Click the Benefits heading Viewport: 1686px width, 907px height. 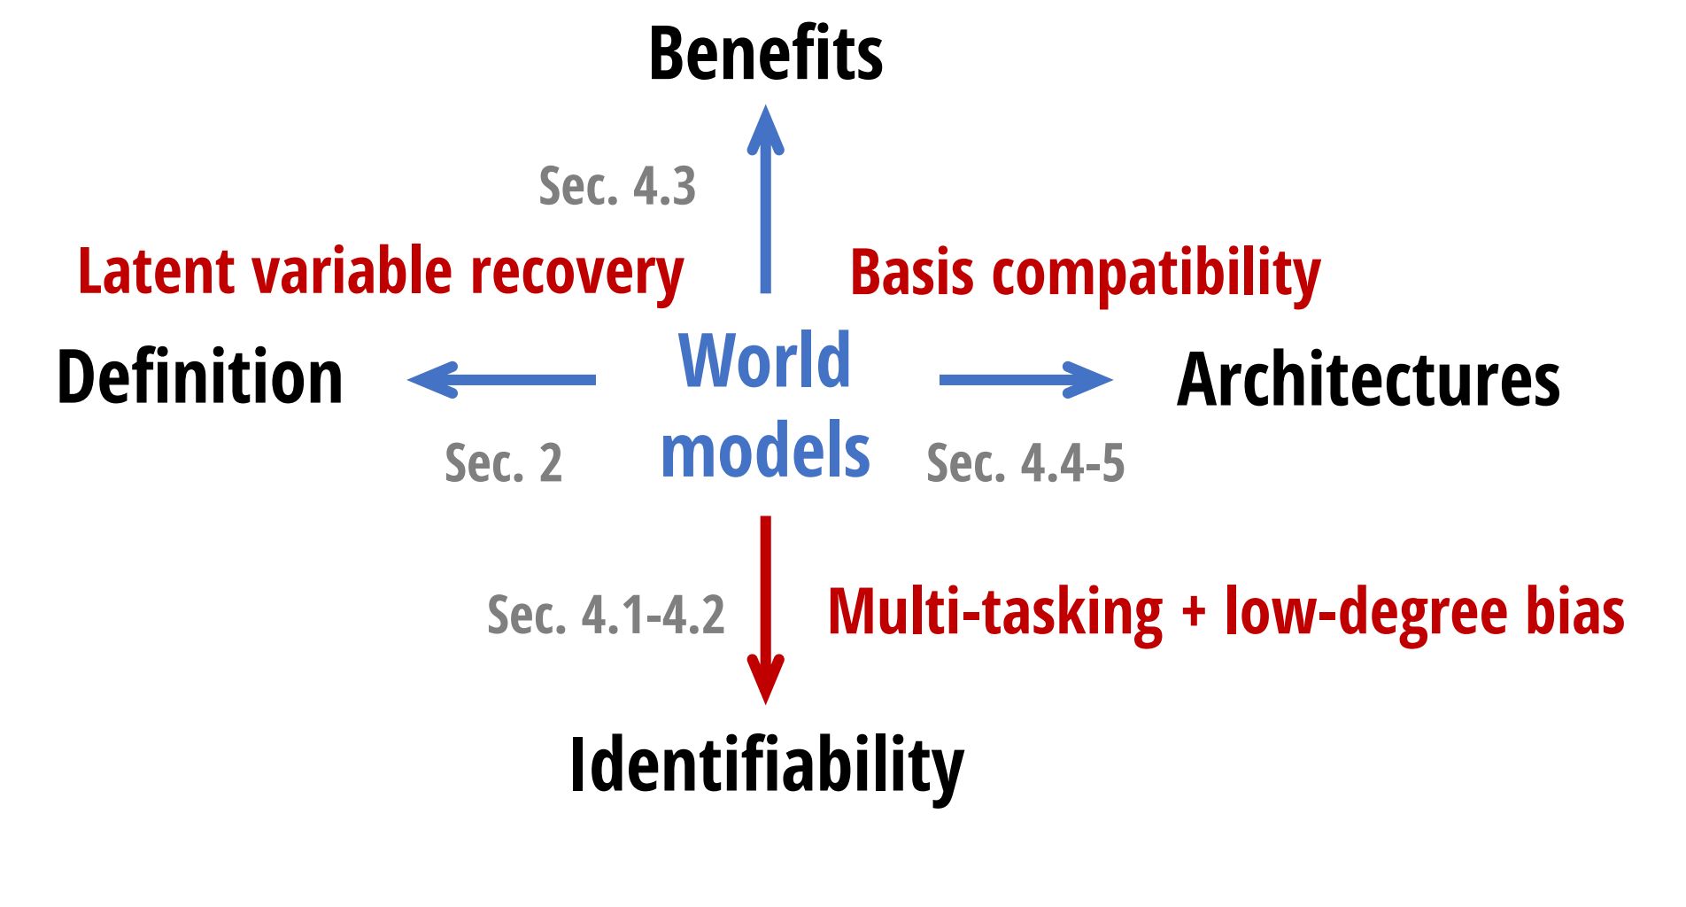(766, 53)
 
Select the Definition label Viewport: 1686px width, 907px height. (200, 377)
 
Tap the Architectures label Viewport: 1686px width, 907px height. (1368, 379)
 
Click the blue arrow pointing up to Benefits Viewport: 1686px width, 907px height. (766, 199)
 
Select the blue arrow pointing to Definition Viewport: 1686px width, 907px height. (501, 380)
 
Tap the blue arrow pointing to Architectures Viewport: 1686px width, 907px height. (1026, 380)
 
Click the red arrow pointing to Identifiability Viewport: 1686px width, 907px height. (766, 610)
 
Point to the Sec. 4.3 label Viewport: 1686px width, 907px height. (617, 186)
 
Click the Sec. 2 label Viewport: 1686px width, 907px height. (503, 462)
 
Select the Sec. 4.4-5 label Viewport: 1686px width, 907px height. (1025, 462)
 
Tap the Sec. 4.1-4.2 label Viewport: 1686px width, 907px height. (606, 615)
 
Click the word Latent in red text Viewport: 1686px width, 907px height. (157, 271)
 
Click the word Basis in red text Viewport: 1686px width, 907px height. (912, 272)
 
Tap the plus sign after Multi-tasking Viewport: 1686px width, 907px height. (1194, 613)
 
